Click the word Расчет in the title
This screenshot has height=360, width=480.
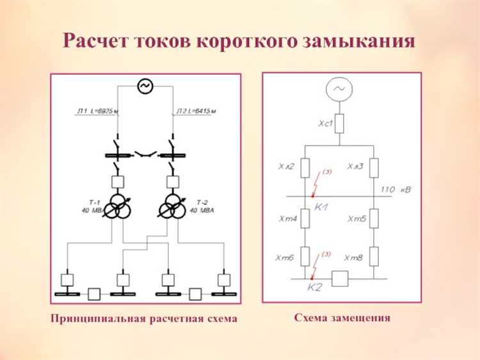pyautogui.click(x=97, y=42)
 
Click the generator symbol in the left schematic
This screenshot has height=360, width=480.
pyautogui.click(x=145, y=85)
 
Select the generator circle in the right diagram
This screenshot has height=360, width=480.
pyautogui.click(x=339, y=90)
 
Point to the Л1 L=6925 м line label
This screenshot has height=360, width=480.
pyautogui.click(x=98, y=111)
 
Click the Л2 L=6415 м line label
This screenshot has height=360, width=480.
pyautogui.click(x=196, y=111)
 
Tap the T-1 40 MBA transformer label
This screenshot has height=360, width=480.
pyautogui.click(x=92, y=206)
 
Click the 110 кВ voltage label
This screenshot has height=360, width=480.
pyautogui.click(x=396, y=190)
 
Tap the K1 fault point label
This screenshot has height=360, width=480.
pyautogui.click(x=321, y=208)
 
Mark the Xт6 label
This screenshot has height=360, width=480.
pyautogui.click(x=285, y=258)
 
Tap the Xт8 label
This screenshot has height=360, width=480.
pyautogui.click(x=353, y=258)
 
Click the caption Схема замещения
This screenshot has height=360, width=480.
pyautogui.click(x=342, y=317)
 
